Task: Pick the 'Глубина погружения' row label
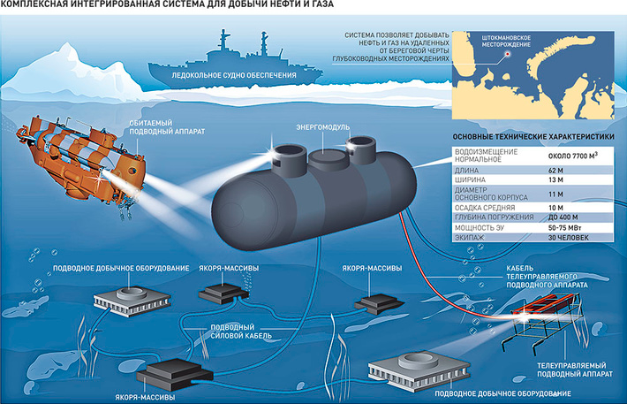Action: coord(489,217)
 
